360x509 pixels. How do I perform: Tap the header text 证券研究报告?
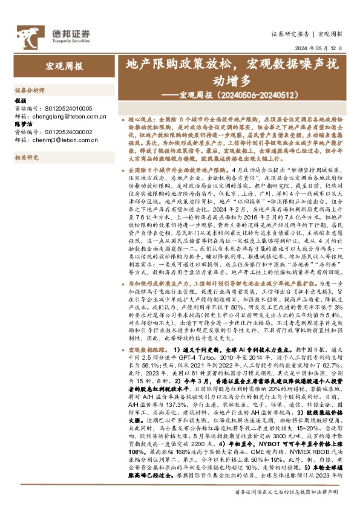(x=290, y=34)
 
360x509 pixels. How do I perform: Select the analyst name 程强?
(x=21, y=99)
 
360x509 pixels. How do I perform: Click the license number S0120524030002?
(x=66, y=131)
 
